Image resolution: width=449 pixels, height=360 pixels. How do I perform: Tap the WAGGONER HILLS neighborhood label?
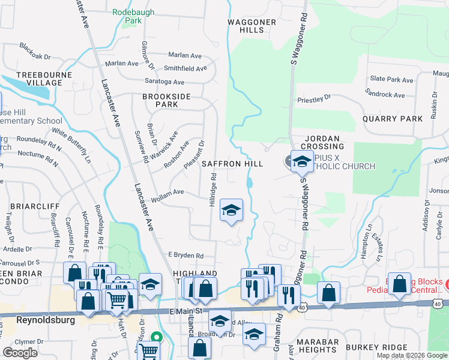(x=252, y=26)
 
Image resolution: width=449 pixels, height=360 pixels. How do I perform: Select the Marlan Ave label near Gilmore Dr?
(x=122, y=63)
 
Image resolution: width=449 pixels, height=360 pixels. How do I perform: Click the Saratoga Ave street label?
(x=164, y=82)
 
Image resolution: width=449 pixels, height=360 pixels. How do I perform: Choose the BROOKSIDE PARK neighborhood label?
(x=160, y=100)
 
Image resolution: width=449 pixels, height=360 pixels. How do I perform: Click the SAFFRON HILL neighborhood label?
(x=232, y=164)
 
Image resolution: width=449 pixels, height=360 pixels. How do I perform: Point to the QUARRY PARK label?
(x=393, y=119)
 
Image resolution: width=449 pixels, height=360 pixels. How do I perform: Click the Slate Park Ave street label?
(x=391, y=79)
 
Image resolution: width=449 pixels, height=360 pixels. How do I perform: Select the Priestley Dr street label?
(x=314, y=97)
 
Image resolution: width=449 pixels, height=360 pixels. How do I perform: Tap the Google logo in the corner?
(x=20, y=353)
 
